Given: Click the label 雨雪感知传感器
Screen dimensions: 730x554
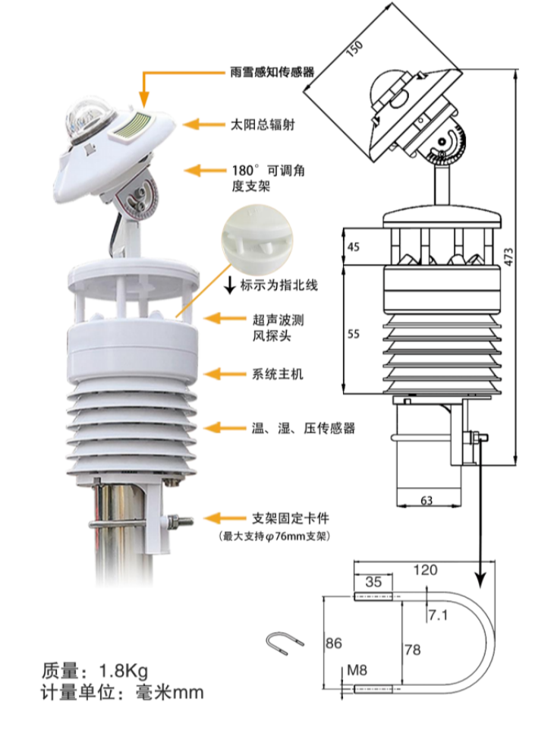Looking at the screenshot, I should pyautogui.click(x=272, y=73).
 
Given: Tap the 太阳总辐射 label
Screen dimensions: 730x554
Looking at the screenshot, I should pyautogui.click(x=262, y=124).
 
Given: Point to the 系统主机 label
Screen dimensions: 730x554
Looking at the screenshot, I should pyautogui.click(x=271, y=374).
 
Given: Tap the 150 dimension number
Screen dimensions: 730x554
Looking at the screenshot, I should pyautogui.click(x=354, y=49).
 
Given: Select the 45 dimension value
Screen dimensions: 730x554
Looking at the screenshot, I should pyautogui.click(x=354, y=246).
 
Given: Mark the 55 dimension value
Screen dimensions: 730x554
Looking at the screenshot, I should pyautogui.click(x=354, y=335).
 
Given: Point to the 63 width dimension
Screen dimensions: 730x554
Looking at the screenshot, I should pyautogui.click(x=427, y=500).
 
